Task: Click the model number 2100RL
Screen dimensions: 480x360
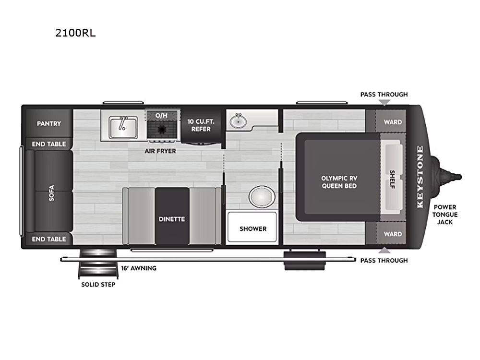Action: coord(75,33)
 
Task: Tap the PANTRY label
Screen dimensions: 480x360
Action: coord(49,124)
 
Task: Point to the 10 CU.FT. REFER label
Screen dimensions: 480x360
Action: coord(201,125)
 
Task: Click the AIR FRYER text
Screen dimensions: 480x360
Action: coord(160,151)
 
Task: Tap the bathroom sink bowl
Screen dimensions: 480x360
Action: coord(238,122)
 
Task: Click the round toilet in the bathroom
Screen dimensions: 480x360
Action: coord(262,196)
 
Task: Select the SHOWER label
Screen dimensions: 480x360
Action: coord(253,228)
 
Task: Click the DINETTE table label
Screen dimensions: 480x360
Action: coord(172,219)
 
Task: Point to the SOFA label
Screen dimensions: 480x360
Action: coord(51,193)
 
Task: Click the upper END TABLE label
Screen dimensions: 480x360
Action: coord(49,144)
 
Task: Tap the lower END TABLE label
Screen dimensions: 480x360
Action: coord(49,239)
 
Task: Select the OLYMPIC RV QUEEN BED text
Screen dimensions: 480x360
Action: coord(339,182)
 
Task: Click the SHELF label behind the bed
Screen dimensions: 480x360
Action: coord(392,180)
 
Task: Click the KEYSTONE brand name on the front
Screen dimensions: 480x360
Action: coord(420,177)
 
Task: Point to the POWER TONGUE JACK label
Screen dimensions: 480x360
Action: coord(445,215)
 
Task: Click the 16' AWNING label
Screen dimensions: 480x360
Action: coord(139,268)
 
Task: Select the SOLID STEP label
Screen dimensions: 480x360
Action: coord(98,284)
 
